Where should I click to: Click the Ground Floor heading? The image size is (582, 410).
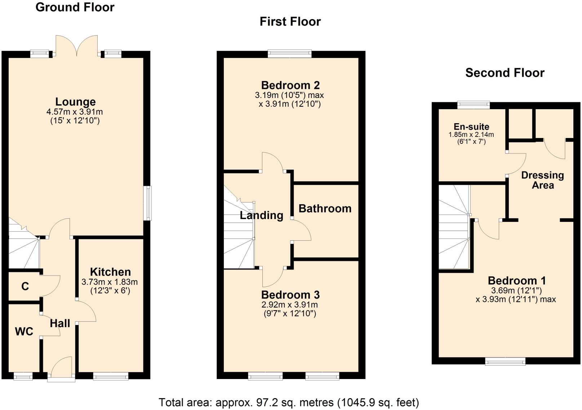click(75, 7)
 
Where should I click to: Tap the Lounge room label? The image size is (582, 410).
click(75, 102)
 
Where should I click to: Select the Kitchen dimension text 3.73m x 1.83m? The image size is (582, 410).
click(110, 282)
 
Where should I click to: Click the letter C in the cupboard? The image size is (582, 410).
click(25, 286)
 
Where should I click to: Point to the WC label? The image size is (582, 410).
click(24, 331)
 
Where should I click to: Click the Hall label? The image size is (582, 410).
click(60, 324)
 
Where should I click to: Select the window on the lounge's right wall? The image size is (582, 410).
click(147, 203)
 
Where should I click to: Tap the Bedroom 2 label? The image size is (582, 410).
click(290, 85)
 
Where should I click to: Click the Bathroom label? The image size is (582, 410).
click(325, 209)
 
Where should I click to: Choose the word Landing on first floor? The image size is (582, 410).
click(261, 215)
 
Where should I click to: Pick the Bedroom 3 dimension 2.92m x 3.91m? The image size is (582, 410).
click(289, 305)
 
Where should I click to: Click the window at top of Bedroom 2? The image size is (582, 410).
click(290, 54)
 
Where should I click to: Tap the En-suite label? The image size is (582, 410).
click(471, 127)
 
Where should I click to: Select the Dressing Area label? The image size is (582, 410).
click(542, 180)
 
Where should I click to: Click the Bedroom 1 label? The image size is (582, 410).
click(516, 281)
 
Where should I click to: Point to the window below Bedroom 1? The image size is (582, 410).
click(505, 361)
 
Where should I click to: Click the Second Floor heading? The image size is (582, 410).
click(505, 73)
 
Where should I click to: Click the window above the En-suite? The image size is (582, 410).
click(474, 105)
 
